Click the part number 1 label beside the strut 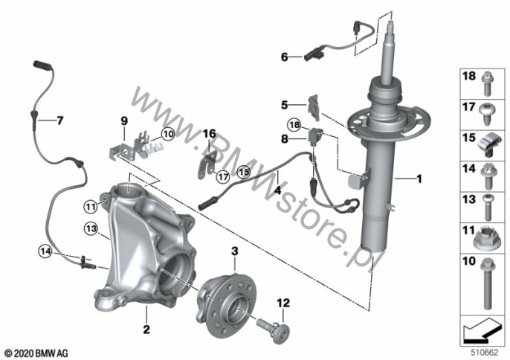pyautogui.click(x=419, y=179)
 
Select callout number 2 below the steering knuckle pyautogui.click(x=146, y=330)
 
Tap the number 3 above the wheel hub pyautogui.click(x=235, y=251)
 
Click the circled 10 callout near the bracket pyautogui.click(x=168, y=134)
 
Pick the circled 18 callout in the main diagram pyautogui.click(x=294, y=125)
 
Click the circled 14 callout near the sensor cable pyautogui.click(x=45, y=251)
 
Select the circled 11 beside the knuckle pyautogui.click(x=91, y=206)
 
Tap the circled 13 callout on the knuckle pyautogui.click(x=91, y=228)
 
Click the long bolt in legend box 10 pyautogui.click(x=487, y=283)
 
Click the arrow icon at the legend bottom pyautogui.click(x=482, y=331)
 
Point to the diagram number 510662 pyautogui.click(x=485, y=353)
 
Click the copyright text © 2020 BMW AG pyautogui.click(x=36, y=353)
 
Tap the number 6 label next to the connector pyautogui.click(x=284, y=57)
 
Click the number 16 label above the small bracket pyautogui.click(x=210, y=133)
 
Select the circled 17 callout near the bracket pyautogui.click(x=223, y=177)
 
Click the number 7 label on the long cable pyautogui.click(x=59, y=120)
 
